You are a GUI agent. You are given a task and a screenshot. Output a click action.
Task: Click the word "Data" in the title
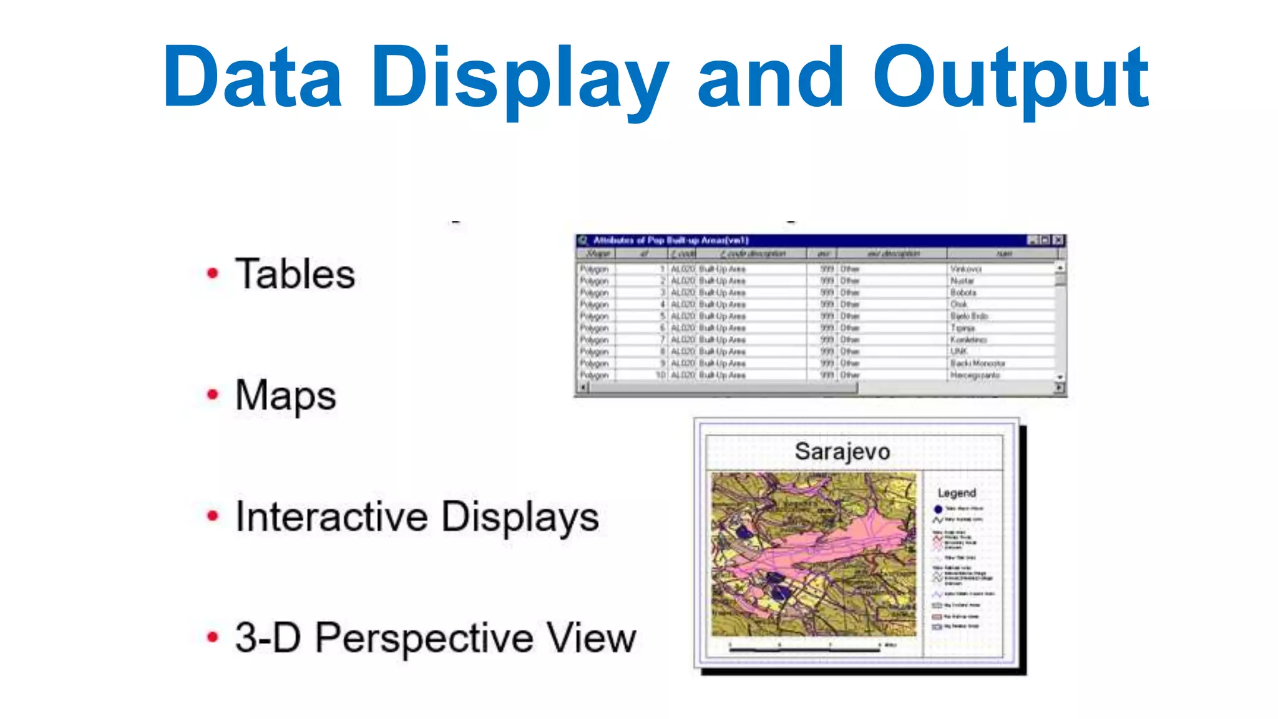click(x=252, y=78)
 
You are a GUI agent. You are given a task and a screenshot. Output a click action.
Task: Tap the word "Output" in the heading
click(x=1010, y=78)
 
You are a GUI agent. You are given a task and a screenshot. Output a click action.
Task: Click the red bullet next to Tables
click(x=213, y=273)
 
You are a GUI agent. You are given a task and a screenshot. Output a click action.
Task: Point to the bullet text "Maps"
click(x=285, y=395)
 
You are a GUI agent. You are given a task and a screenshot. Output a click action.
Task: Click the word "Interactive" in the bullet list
click(x=331, y=517)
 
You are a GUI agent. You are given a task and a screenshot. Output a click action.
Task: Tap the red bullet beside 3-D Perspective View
click(x=213, y=637)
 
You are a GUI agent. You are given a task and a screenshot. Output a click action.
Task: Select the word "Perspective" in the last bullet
click(x=424, y=638)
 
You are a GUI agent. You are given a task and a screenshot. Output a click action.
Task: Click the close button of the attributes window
click(x=1058, y=240)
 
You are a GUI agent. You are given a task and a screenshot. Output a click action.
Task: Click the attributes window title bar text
click(x=670, y=240)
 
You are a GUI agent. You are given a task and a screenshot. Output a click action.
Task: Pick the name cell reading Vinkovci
click(x=965, y=269)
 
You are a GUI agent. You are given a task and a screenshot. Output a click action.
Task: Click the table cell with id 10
click(x=660, y=375)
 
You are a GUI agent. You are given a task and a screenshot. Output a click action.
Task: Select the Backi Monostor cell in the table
click(x=977, y=363)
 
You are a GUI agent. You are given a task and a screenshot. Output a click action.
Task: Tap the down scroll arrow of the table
click(x=1060, y=377)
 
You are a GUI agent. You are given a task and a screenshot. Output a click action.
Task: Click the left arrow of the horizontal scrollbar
click(x=583, y=388)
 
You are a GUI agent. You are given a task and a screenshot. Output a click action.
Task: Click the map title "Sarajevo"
click(x=842, y=451)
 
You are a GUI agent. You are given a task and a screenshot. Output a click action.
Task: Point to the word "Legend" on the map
click(x=956, y=493)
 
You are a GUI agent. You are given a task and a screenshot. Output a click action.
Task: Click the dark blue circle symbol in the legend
click(x=937, y=509)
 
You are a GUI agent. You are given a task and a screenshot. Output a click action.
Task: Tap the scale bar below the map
click(x=805, y=649)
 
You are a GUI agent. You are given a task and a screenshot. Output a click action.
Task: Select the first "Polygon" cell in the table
click(x=593, y=269)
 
